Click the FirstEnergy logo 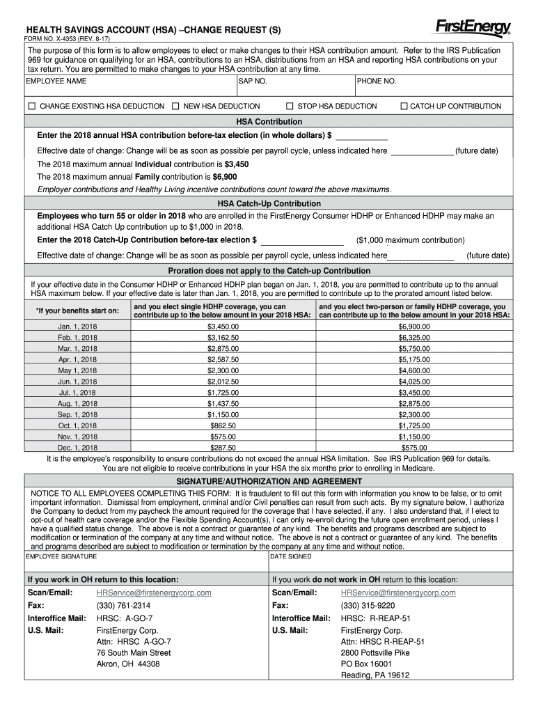pos(473,27)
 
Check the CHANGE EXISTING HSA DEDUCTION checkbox pos(31,107)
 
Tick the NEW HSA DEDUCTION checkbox pos(175,107)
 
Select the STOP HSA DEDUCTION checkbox pos(290,107)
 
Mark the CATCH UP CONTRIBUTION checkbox pos(404,107)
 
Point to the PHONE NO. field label pos(377,81)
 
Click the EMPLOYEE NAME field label pos(56,81)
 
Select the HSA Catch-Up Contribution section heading pos(269,203)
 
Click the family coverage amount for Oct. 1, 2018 pos(413,425)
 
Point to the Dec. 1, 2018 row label pos(77,448)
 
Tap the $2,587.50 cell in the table pos(223,359)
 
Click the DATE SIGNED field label pos(291,556)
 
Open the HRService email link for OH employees pos(153,593)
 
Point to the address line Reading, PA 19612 pos(375,675)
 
